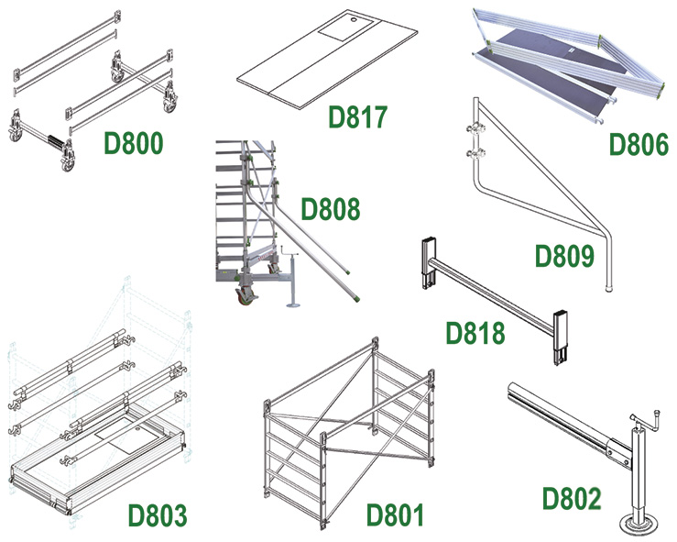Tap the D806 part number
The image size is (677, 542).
click(639, 144)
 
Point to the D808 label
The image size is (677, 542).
click(331, 209)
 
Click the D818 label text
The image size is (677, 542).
click(475, 332)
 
